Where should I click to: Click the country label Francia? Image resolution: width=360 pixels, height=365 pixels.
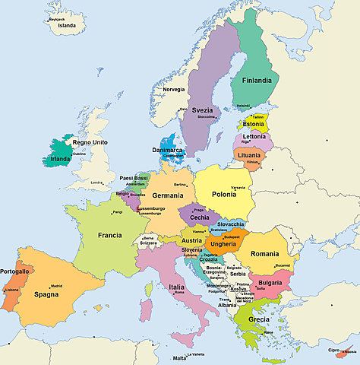(x=110, y=235)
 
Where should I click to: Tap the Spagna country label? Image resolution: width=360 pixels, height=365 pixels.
(x=46, y=294)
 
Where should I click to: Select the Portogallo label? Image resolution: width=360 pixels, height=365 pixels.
(x=15, y=271)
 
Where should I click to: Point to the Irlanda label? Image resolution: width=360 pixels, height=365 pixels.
(x=60, y=160)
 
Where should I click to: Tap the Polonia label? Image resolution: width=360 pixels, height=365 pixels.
(x=223, y=195)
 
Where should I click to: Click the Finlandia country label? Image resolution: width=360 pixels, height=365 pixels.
(x=257, y=80)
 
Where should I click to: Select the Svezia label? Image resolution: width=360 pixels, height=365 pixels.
(x=203, y=109)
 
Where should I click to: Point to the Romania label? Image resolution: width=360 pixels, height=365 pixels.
(x=265, y=253)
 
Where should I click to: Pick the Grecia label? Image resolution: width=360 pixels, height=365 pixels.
(x=258, y=319)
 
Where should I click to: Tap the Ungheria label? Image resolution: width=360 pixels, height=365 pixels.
(x=223, y=244)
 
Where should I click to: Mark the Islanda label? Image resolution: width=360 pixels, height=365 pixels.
(x=67, y=25)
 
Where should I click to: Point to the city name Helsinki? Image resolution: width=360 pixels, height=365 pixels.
(x=243, y=106)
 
